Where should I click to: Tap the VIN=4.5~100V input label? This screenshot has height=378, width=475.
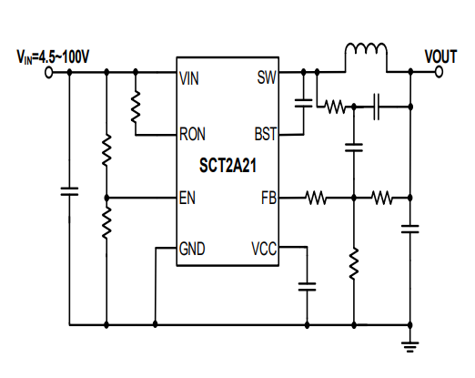[53, 56]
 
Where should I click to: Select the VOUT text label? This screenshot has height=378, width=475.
[440, 56]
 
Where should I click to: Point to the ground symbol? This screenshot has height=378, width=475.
[410, 345]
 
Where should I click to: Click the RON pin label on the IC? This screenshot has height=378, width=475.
[194, 135]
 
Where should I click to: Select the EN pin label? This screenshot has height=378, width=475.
[188, 197]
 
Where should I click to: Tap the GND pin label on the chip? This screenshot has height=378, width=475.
[194, 247]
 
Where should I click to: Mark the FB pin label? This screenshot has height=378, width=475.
[267, 197]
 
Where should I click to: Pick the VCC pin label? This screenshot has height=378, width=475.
[262, 247]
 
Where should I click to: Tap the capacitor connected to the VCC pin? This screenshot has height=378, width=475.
[307, 285]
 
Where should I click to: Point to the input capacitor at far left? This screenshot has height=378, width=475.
[69, 191]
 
